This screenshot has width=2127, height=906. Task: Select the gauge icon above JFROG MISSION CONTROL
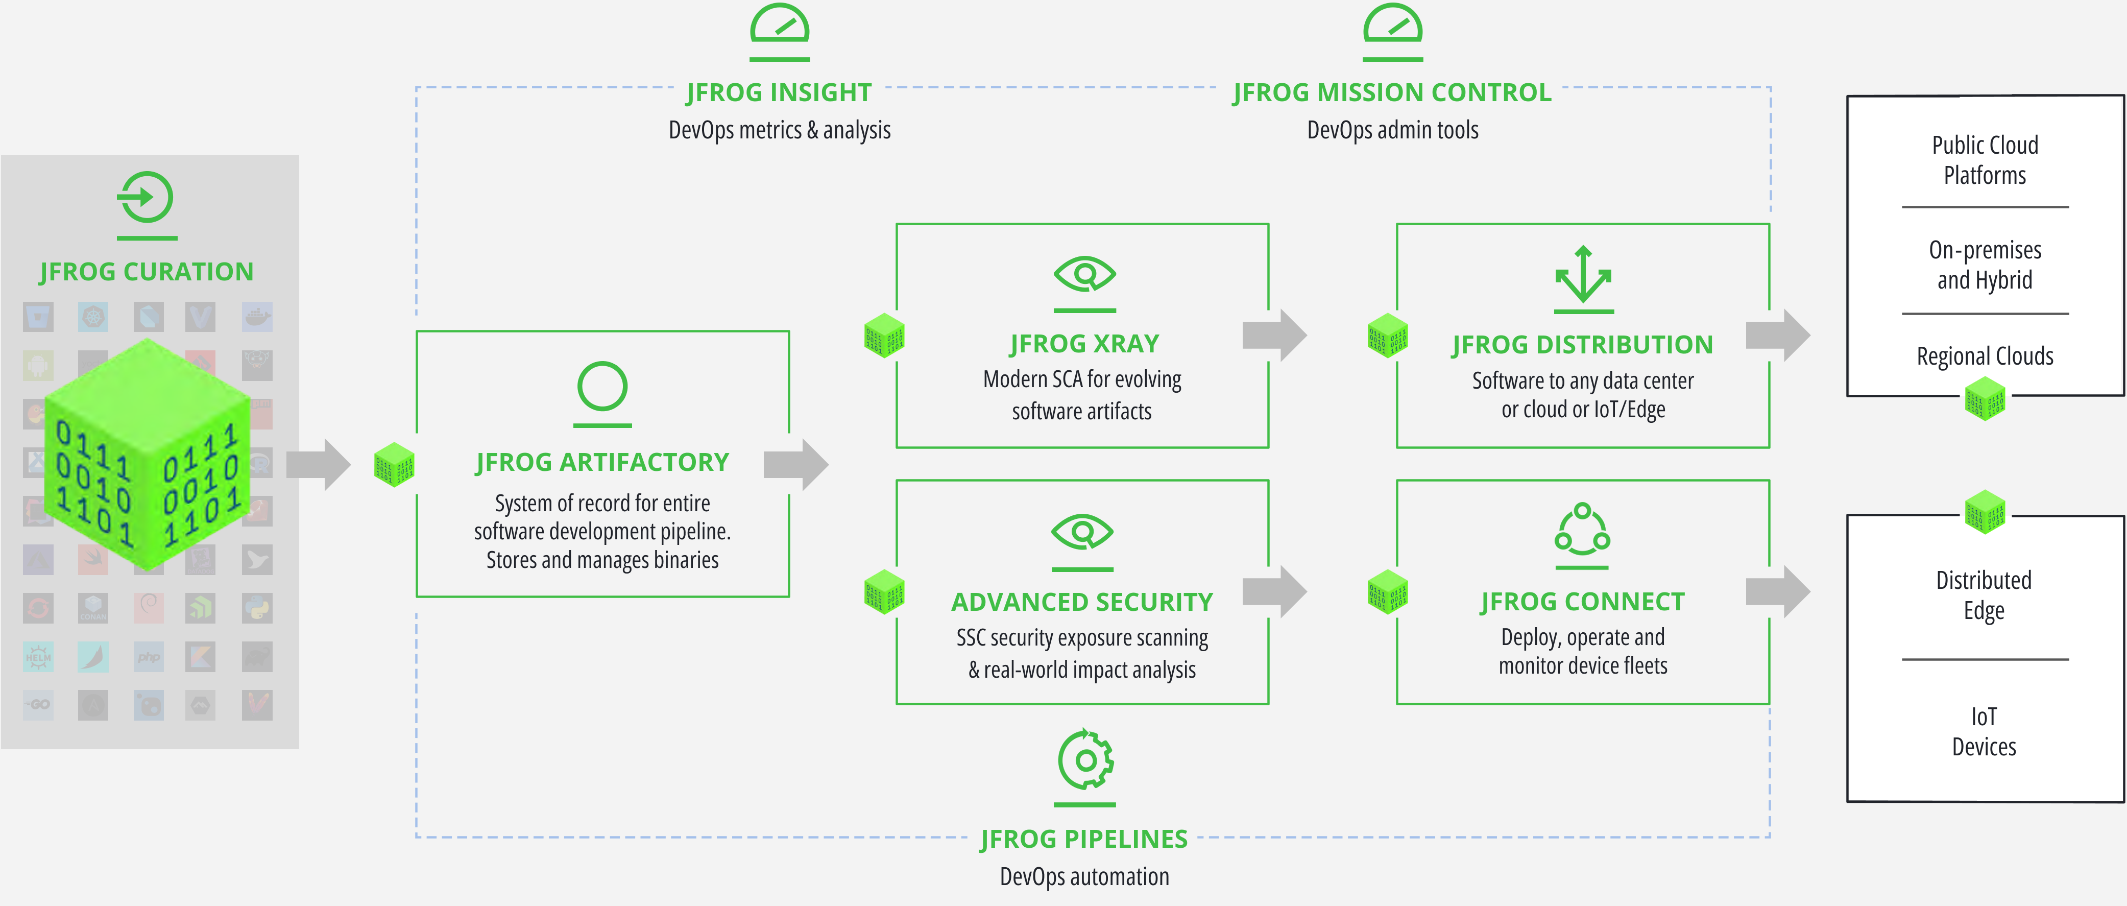(x=1392, y=27)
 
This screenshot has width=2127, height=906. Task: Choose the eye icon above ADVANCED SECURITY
(x=1082, y=532)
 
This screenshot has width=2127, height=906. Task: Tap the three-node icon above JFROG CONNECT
(x=1582, y=530)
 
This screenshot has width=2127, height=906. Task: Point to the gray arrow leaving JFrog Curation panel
(x=319, y=464)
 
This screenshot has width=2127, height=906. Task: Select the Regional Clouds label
(x=1984, y=356)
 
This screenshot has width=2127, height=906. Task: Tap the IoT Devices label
(x=1984, y=732)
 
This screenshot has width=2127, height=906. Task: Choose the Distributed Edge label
(x=1984, y=594)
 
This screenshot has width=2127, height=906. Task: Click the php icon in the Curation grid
(x=149, y=657)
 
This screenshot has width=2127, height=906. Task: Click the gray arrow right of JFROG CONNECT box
(x=1778, y=591)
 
